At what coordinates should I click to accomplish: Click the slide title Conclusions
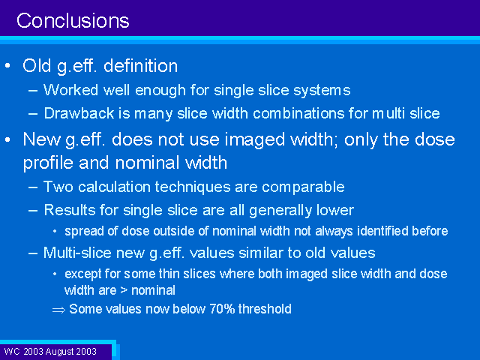click(73, 21)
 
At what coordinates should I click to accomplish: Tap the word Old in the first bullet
click(37, 65)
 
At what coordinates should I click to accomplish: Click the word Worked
click(71, 90)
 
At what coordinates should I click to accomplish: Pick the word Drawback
click(79, 113)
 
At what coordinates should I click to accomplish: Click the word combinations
click(298, 113)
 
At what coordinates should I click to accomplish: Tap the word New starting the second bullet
click(42, 139)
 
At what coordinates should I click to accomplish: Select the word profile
click(48, 163)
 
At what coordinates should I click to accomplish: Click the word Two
click(58, 187)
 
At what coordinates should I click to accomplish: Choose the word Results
click(70, 210)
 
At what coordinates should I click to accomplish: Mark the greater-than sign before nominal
click(124, 290)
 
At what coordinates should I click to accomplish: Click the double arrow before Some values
click(58, 310)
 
